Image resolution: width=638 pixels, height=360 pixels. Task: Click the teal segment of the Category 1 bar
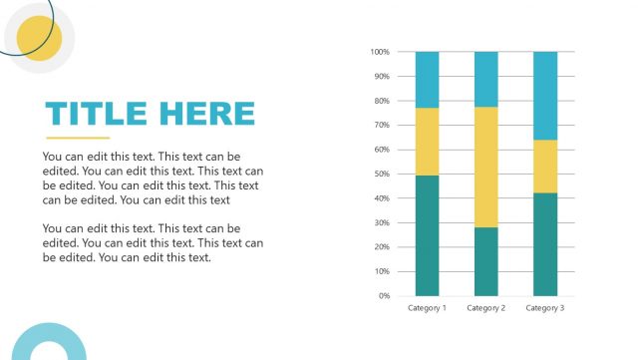click(427, 235)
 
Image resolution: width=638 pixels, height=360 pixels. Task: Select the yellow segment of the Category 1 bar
click(427, 142)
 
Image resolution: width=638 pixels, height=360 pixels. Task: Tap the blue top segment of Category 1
click(427, 80)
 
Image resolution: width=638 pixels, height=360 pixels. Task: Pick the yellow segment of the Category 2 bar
click(486, 167)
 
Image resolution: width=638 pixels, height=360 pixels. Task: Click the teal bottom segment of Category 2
click(486, 261)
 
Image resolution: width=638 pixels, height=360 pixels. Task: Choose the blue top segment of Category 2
click(486, 79)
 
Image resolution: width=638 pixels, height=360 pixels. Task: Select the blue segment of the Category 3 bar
click(545, 96)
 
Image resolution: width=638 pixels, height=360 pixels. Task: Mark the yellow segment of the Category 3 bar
click(545, 167)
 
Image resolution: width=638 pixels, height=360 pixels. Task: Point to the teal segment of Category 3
click(545, 244)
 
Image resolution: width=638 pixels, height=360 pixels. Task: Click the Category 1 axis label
click(427, 308)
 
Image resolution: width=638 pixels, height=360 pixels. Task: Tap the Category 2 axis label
click(486, 308)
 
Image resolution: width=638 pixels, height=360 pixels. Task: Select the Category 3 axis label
click(545, 308)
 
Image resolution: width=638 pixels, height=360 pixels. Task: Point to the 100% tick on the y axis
click(379, 52)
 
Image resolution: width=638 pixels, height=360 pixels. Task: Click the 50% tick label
click(381, 175)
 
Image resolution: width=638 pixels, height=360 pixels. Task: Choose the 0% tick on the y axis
click(383, 296)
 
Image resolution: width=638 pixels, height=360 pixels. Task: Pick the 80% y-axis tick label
click(381, 101)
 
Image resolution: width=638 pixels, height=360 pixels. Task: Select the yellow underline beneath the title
click(78, 138)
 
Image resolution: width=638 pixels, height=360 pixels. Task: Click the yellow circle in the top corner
click(40, 39)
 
